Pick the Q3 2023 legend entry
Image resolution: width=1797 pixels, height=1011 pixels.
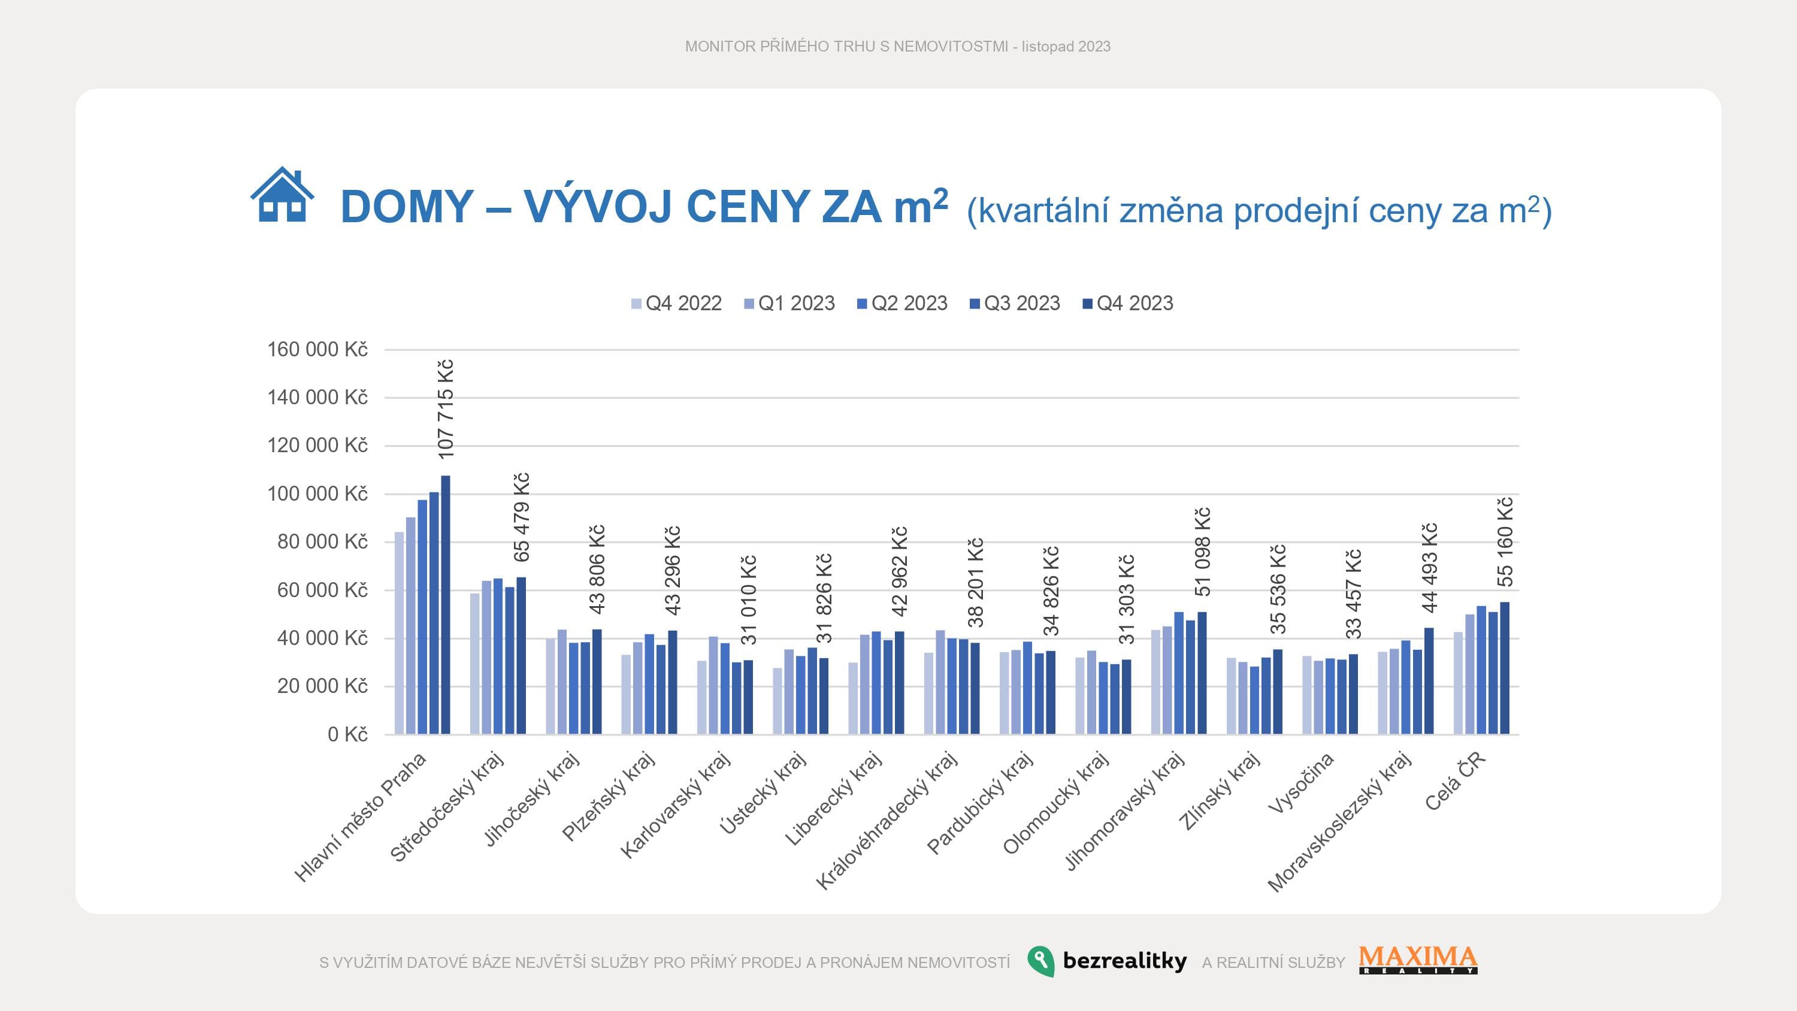[x=1014, y=304]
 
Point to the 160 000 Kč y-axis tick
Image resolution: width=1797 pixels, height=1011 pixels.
[x=317, y=350]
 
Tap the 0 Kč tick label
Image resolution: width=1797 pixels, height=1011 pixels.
[x=347, y=735]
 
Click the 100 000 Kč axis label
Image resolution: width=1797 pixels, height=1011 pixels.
[x=317, y=494]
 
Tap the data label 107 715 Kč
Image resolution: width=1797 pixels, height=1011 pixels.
[x=446, y=409]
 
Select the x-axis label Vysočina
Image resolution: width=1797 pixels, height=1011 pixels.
[x=1300, y=783]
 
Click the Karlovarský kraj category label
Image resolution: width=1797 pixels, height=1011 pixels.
[x=675, y=805]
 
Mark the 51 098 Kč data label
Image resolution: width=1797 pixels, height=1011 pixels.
[x=1203, y=552]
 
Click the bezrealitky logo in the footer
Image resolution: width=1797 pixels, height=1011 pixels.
[x=1107, y=961]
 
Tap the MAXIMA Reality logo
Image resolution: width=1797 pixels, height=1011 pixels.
[x=1418, y=960]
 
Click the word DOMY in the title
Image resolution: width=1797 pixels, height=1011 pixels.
[x=407, y=207]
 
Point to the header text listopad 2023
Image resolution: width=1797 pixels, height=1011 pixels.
[x=1066, y=47]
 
